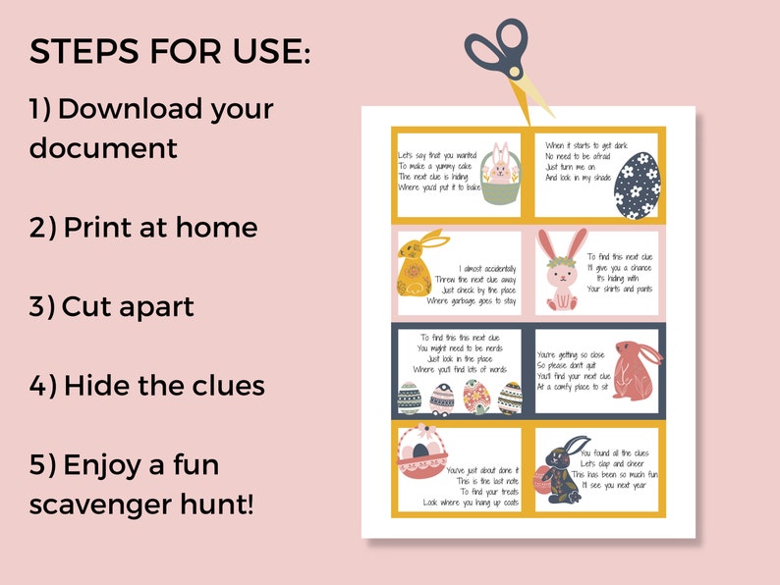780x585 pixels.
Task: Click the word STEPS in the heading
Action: click(84, 52)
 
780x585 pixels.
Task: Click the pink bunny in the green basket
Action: click(501, 178)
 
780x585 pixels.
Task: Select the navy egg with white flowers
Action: click(643, 184)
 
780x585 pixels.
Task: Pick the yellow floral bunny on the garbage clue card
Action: click(417, 265)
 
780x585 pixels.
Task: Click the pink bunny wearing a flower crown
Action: click(561, 270)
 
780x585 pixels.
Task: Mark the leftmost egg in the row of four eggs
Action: click(410, 398)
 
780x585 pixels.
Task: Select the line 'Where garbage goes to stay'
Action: click(473, 300)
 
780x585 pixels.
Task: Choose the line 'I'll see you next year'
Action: click(613, 485)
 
